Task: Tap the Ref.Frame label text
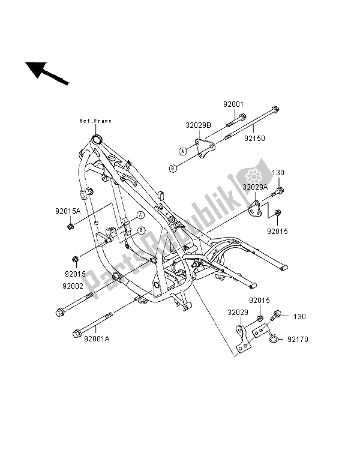click(x=96, y=121)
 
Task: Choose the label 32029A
click(x=254, y=187)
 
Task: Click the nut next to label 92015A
click(x=71, y=226)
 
